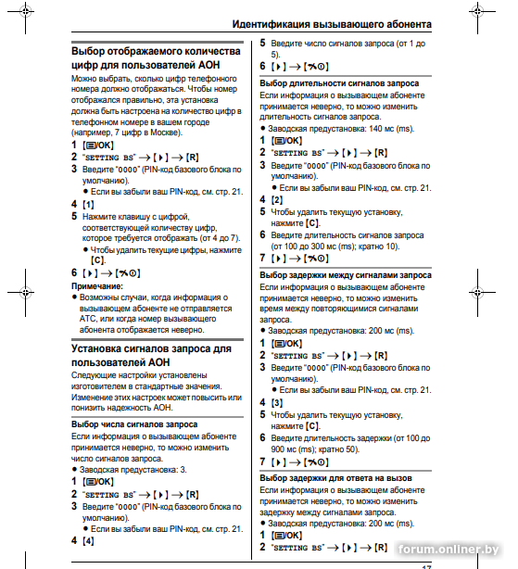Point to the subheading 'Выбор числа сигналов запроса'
(x=134, y=424)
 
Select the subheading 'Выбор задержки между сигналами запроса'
(x=345, y=275)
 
